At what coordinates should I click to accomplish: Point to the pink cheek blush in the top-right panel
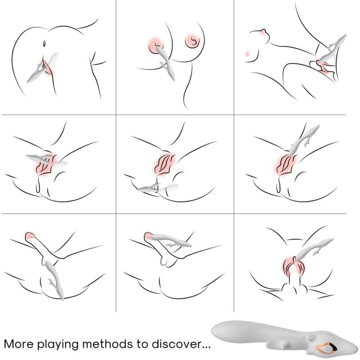click(x=247, y=53)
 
